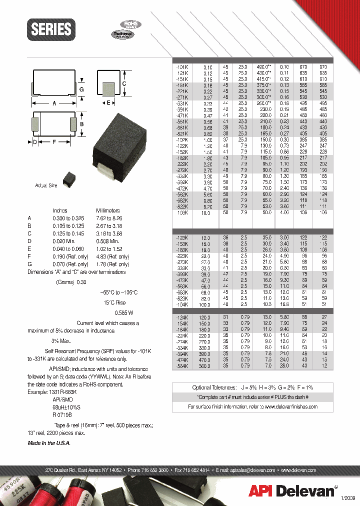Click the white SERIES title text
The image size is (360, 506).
point(51,29)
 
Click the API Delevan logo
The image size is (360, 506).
point(291,491)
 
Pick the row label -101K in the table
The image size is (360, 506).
point(181,66)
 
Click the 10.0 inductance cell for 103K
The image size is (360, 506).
point(207,212)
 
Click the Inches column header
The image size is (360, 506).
point(60,210)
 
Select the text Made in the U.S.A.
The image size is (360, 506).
point(49,443)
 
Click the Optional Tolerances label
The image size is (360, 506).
point(214,387)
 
